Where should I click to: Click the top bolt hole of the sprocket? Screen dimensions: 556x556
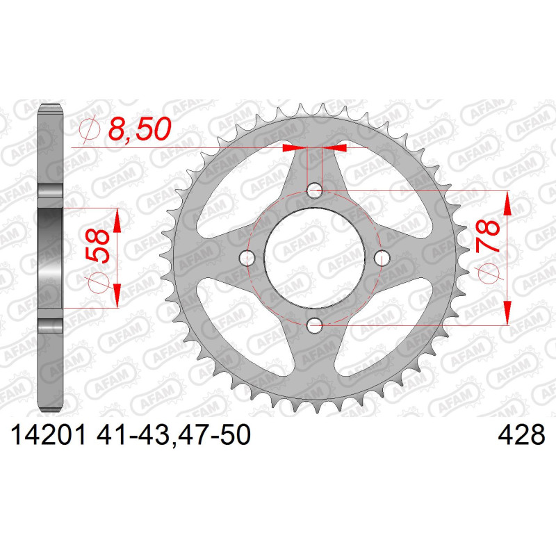point(314,190)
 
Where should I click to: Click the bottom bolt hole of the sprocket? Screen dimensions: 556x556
point(314,325)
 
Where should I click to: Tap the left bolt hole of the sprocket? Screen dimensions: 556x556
point(247,258)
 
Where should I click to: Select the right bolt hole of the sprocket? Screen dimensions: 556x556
point(382,258)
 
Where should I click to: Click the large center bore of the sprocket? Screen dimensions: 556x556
point(315,258)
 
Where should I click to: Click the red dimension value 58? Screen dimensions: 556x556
point(97,247)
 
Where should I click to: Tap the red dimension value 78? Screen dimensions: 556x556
point(489,236)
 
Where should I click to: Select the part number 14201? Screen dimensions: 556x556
point(49,435)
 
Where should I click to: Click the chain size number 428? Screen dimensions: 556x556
point(521,435)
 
